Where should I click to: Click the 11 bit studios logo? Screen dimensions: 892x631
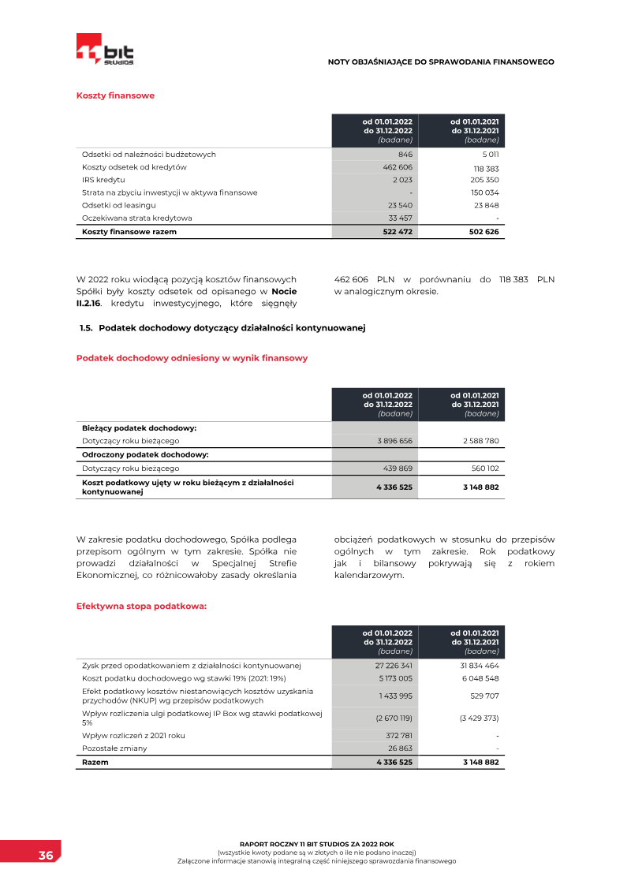pos(105,49)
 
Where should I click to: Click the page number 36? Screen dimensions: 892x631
pos(46,856)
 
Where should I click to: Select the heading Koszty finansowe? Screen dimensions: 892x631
pos(115,95)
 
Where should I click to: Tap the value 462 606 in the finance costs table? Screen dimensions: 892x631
pos(397,167)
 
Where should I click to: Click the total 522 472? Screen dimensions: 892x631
pos(397,232)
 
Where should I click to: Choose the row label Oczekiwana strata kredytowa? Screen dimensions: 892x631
pos(137,218)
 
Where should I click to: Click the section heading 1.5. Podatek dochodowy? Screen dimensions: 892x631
pos(222,327)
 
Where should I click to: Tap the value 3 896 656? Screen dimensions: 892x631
pos(394,441)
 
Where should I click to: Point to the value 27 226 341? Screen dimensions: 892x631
pos(394,666)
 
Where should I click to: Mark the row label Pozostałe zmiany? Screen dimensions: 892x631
pos(114,748)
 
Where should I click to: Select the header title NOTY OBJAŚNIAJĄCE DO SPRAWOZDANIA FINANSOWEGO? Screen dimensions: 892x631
pos(441,62)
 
